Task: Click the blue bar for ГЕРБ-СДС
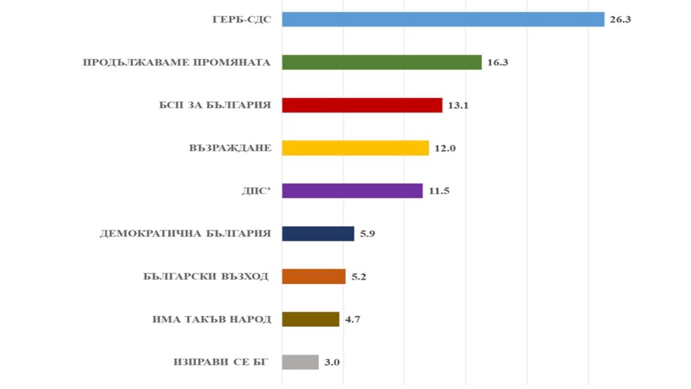point(443,19)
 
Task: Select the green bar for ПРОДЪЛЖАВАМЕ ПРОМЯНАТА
point(382,62)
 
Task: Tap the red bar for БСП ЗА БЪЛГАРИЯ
point(362,105)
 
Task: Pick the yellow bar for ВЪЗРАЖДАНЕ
point(355,148)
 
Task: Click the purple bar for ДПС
point(352,191)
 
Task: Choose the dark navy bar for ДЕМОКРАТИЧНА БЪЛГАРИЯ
point(318,233)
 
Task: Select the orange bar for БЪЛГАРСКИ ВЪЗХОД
point(314,276)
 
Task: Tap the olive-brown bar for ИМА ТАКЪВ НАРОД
point(310,319)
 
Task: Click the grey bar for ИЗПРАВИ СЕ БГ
point(300,362)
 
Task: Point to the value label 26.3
point(620,20)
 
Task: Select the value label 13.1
point(458,105)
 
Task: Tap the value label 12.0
point(445,148)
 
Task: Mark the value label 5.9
point(368,234)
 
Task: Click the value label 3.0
point(332,363)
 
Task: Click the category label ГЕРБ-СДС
point(241,20)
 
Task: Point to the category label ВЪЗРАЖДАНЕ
point(230,148)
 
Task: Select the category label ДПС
point(256,191)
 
